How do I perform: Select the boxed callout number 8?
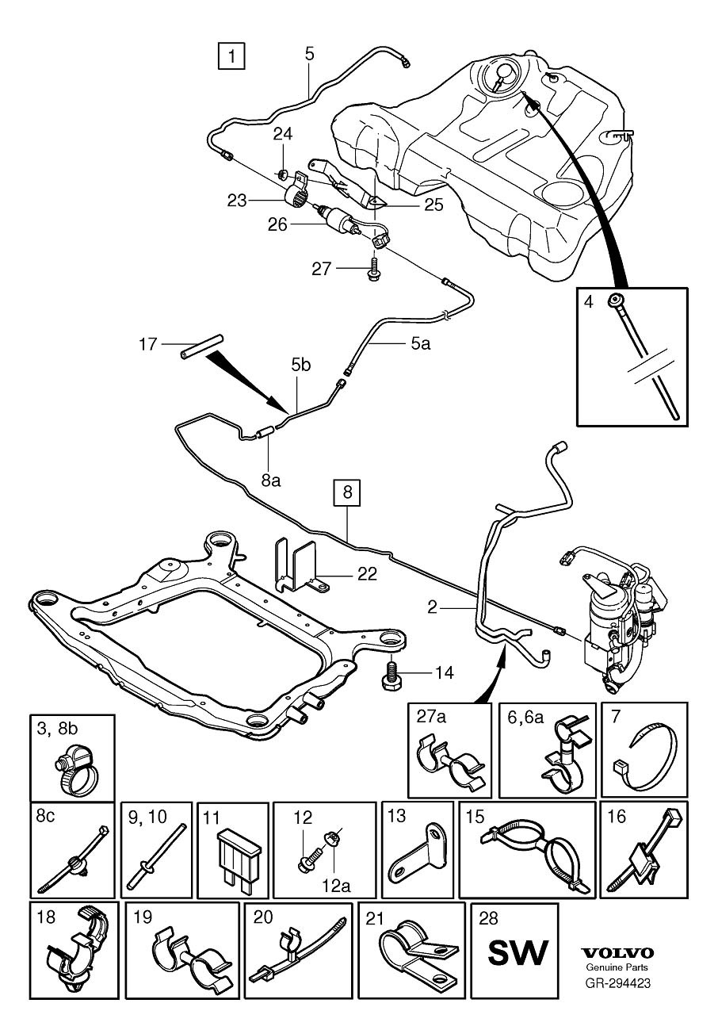pos(346,492)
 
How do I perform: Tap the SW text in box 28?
pos(517,953)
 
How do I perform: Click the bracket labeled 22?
pos(297,566)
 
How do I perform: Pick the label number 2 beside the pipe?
pos(433,608)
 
